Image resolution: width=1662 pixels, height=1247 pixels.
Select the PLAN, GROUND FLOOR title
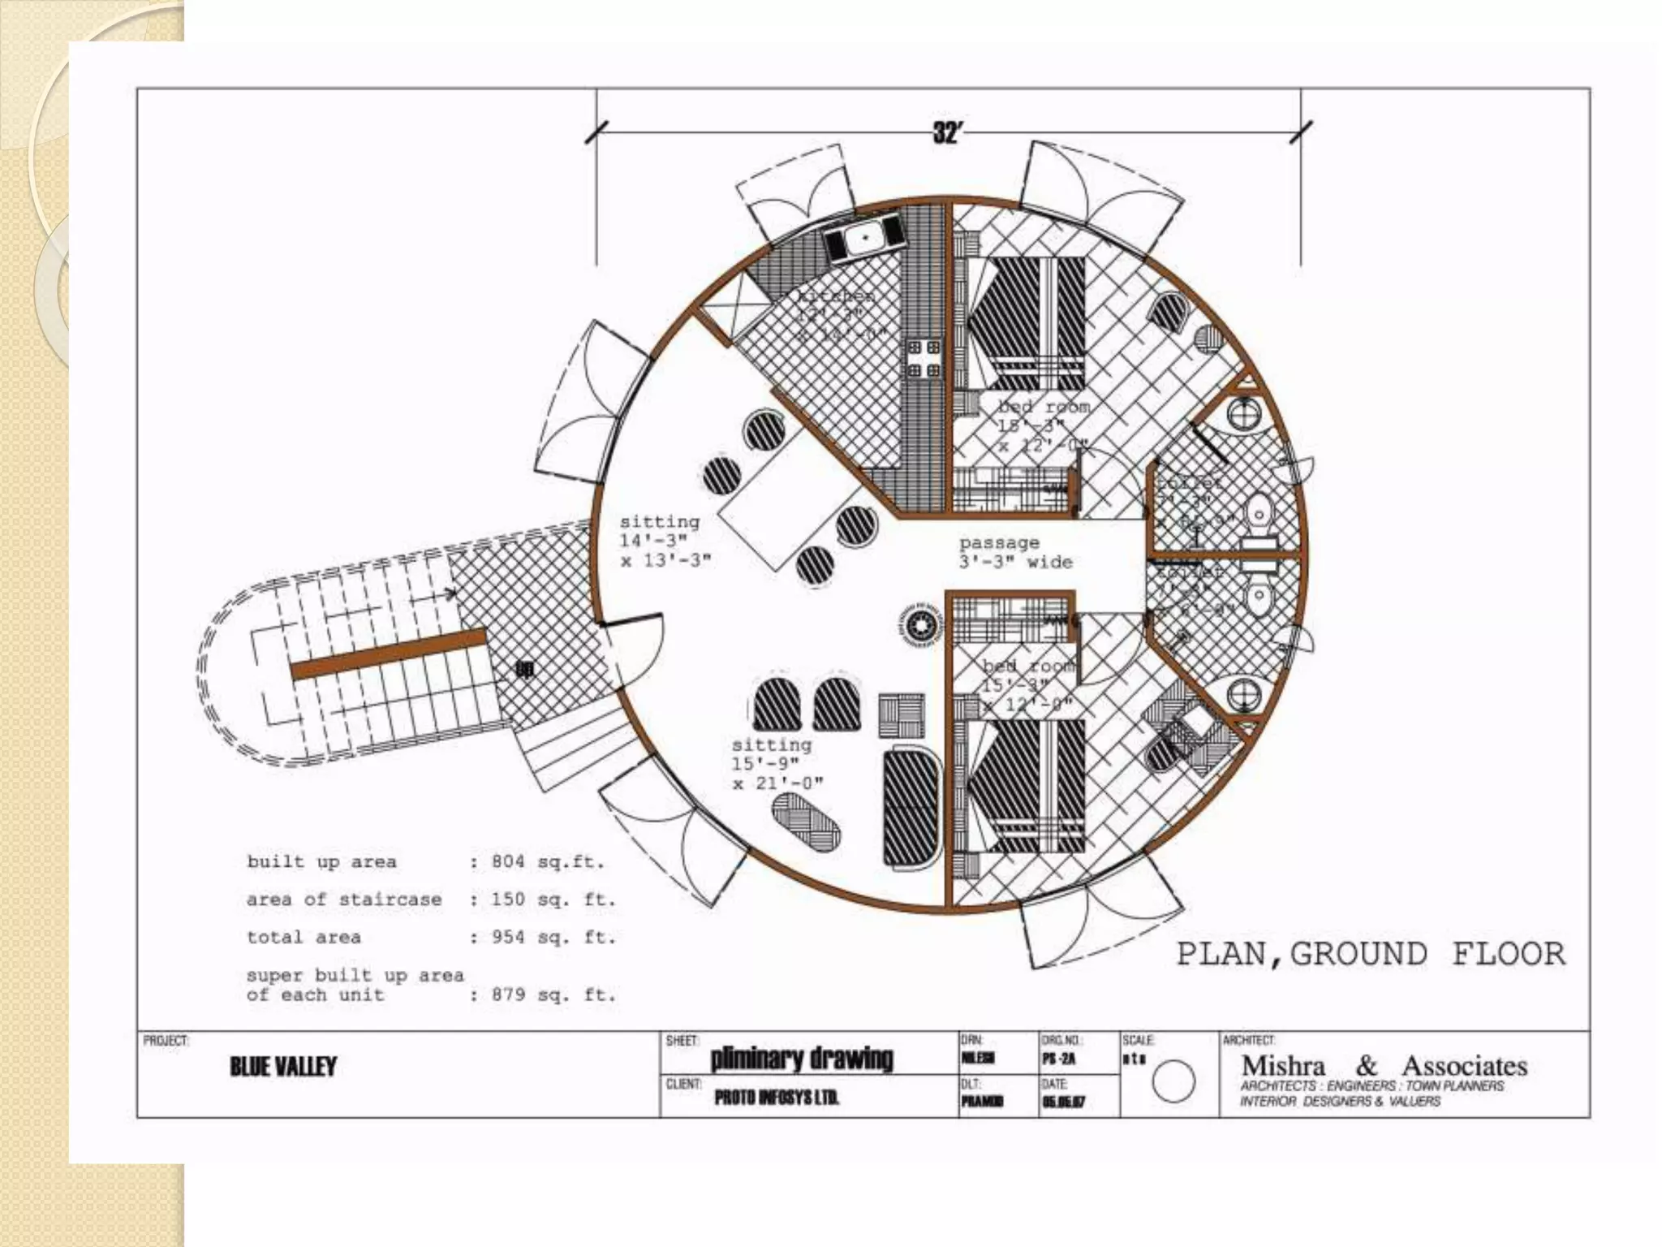[1371, 953]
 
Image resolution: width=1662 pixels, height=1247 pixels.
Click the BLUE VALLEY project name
[283, 1066]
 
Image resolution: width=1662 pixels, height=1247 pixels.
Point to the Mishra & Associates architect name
[1384, 1065]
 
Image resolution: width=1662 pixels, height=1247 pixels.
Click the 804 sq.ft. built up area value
[548, 861]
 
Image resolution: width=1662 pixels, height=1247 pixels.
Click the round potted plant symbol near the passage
[920, 626]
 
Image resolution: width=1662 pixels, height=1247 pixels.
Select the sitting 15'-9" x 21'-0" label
[777, 763]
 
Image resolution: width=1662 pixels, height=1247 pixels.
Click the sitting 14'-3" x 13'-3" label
[665, 540]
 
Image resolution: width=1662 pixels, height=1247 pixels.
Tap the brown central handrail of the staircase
[388, 654]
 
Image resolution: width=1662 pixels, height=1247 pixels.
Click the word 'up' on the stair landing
[525, 669]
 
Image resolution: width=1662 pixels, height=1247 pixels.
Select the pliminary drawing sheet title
[802, 1059]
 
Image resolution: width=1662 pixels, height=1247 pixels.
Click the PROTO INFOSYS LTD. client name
[777, 1098]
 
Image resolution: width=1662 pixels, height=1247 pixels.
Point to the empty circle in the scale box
[1173, 1081]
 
